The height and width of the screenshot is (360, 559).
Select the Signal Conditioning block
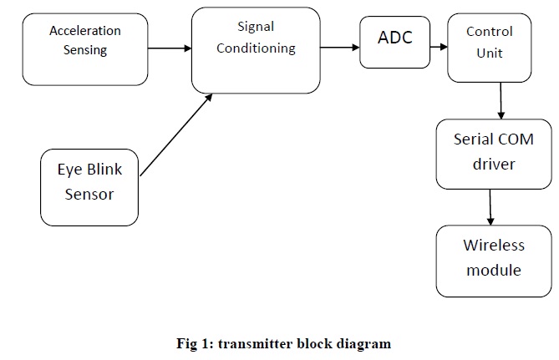pyautogui.click(x=256, y=50)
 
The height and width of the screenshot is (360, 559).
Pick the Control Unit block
pyautogui.click(x=490, y=48)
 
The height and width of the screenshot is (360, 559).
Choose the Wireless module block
pyautogui.click(x=494, y=260)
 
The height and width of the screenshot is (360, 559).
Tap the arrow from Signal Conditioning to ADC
pyautogui.click(x=339, y=48)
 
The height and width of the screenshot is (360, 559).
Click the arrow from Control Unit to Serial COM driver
pyautogui.click(x=501, y=100)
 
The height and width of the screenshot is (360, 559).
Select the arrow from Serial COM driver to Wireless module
pyautogui.click(x=491, y=206)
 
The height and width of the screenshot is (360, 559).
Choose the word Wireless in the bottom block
pyautogui.click(x=494, y=246)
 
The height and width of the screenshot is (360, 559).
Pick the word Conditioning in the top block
pyautogui.click(x=256, y=48)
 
